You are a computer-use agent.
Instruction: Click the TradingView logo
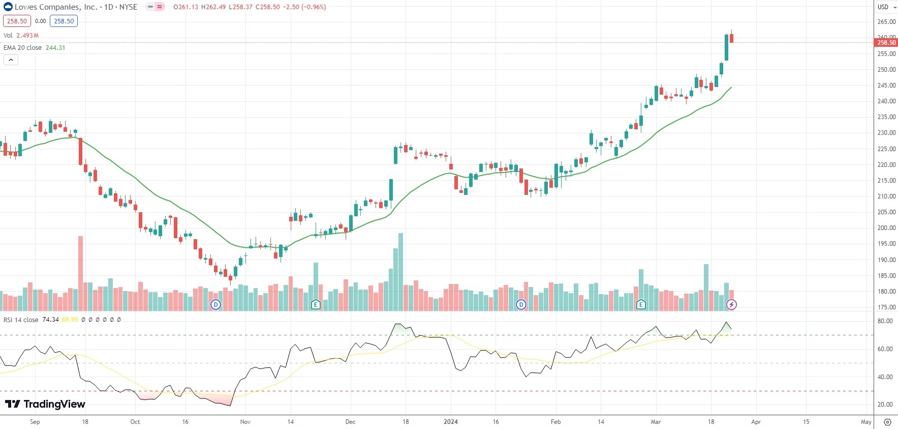click(45, 404)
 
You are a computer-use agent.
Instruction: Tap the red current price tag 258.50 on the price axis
click(886, 43)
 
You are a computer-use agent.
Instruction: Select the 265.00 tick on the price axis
click(886, 22)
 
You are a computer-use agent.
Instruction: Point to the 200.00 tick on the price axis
click(886, 228)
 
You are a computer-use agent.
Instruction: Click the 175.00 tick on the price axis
click(886, 307)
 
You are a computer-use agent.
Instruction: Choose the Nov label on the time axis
click(245, 422)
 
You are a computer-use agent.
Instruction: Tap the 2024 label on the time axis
click(450, 422)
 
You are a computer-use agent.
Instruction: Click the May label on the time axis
click(866, 422)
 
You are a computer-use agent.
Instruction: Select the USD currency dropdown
click(886, 7)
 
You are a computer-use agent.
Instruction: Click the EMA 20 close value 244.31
click(55, 48)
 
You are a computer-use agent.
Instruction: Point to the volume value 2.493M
click(27, 36)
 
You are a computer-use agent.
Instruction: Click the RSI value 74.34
click(50, 320)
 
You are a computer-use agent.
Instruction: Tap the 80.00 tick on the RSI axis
click(885, 321)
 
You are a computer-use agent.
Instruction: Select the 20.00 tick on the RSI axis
click(885, 405)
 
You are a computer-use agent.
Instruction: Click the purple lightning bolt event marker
click(731, 305)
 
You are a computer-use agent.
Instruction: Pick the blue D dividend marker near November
click(216, 305)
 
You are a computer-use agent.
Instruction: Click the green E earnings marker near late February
click(641, 305)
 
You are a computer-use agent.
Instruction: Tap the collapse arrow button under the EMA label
click(11, 60)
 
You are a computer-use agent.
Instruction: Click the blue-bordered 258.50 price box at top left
click(64, 21)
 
